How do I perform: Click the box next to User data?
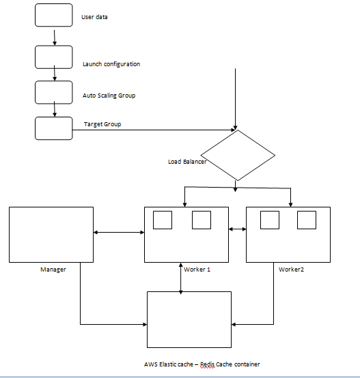pyautogui.click(x=53, y=15)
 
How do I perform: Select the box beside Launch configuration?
pyautogui.click(x=53, y=57)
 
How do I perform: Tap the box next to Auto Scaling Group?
pyautogui.click(x=53, y=92)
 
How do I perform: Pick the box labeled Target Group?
pyautogui.click(x=53, y=128)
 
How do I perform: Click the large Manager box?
pyautogui.click(x=51, y=234)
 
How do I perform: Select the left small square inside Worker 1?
pyautogui.click(x=162, y=220)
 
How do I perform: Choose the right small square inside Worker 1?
pyautogui.click(x=201, y=220)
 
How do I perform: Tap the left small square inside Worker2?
pyautogui.click(x=270, y=220)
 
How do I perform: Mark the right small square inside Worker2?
pyautogui.click(x=307, y=220)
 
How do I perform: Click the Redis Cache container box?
pyautogui.click(x=189, y=320)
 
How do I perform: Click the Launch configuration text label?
pyautogui.click(x=111, y=64)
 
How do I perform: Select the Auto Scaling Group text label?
pyautogui.click(x=109, y=96)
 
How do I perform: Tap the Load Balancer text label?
pyautogui.click(x=187, y=162)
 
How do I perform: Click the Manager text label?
pyautogui.click(x=53, y=270)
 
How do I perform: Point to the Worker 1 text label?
pyautogui.click(x=197, y=270)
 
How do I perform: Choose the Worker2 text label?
pyautogui.click(x=291, y=270)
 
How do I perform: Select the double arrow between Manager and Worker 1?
pyautogui.click(x=119, y=233)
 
